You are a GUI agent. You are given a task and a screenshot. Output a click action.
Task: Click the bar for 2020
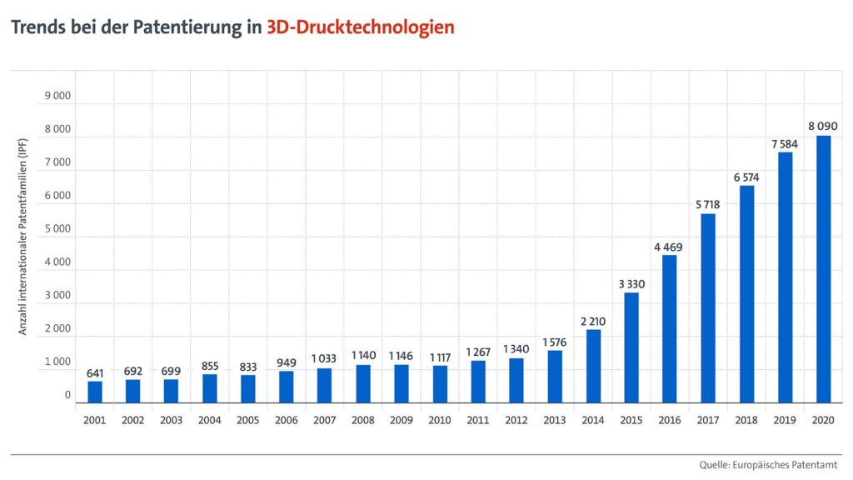tap(823, 269)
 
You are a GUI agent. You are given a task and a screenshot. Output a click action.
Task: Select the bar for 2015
tap(631, 347)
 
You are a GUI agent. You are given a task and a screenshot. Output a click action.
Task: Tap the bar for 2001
tap(95, 392)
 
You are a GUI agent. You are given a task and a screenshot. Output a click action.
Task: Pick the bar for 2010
tap(440, 384)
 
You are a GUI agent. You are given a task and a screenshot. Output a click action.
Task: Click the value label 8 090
tap(823, 127)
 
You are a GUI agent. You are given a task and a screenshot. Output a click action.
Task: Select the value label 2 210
tap(593, 321)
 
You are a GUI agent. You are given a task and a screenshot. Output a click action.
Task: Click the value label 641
tap(95, 372)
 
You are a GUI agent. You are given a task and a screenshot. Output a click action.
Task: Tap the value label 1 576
tap(555, 342)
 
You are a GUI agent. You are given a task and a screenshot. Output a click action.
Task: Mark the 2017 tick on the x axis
tap(708, 421)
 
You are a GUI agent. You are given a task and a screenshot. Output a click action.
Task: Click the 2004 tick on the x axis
tap(210, 421)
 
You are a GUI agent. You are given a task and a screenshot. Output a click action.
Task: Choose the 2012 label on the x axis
tap(516, 421)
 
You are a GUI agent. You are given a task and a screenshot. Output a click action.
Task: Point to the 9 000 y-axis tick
tap(57, 96)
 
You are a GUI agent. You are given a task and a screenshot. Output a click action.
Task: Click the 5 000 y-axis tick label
tap(57, 229)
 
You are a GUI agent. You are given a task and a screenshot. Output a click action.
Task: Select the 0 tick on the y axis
tap(67, 396)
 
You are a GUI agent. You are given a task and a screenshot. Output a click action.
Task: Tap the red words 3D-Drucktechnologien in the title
tap(361, 27)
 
